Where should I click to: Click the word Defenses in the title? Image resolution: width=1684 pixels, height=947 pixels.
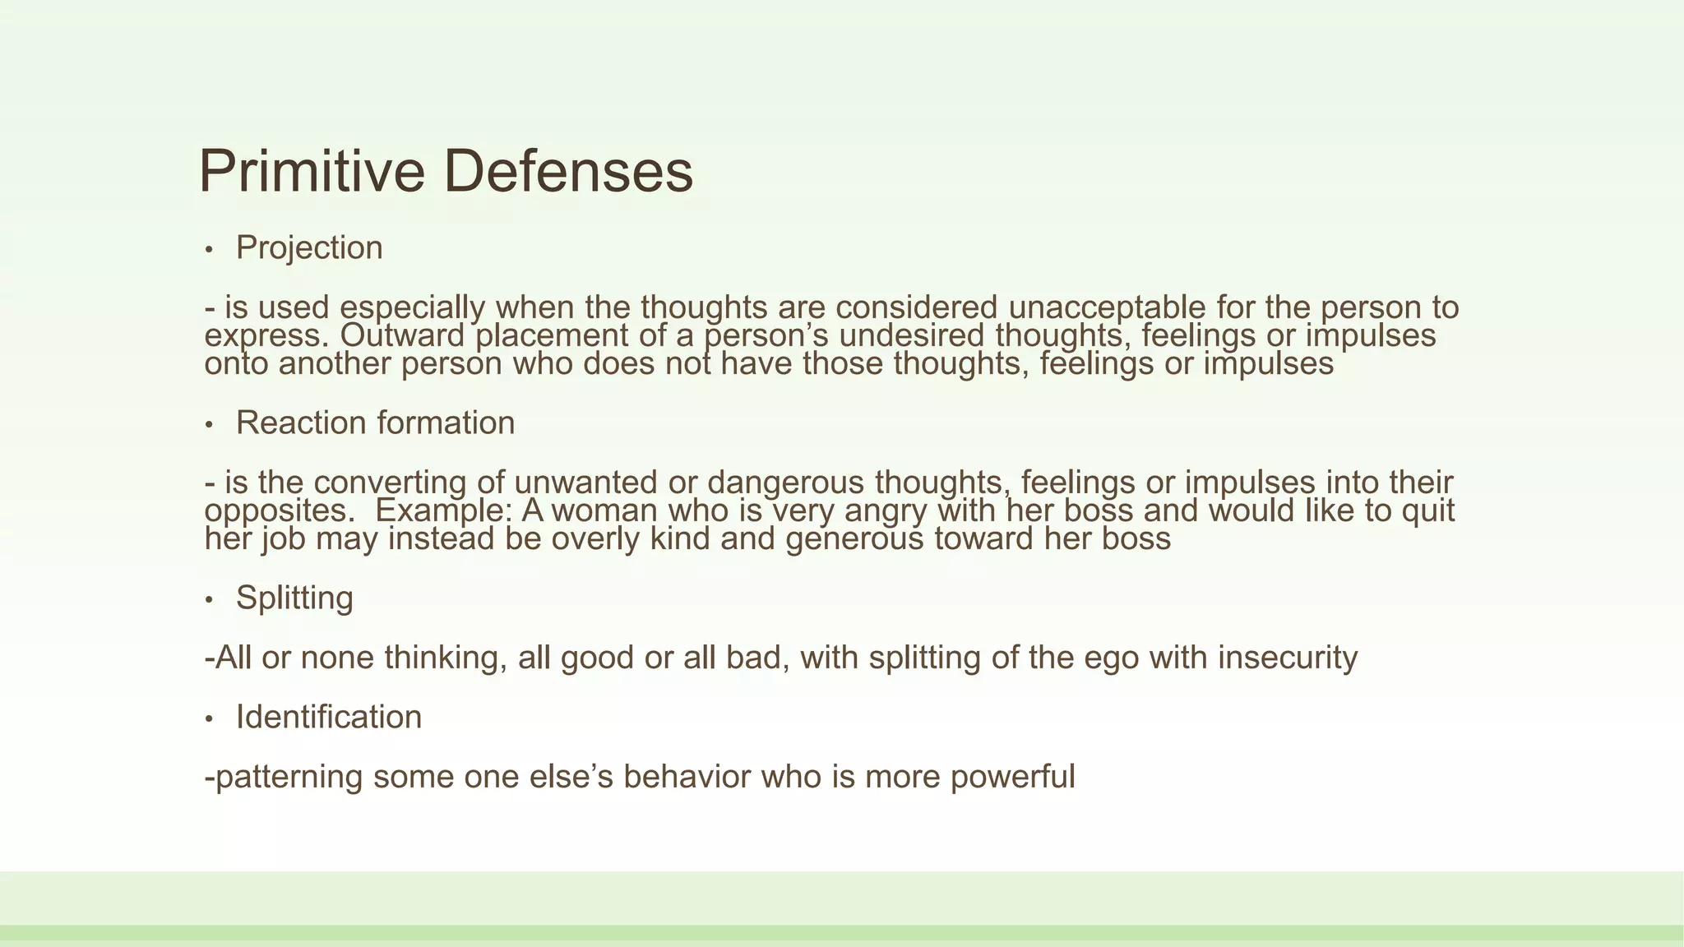568,171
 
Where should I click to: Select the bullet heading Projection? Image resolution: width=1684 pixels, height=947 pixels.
309,247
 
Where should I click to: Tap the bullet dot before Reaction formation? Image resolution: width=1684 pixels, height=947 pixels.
210,425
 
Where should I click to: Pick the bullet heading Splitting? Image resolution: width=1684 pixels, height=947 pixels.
294,598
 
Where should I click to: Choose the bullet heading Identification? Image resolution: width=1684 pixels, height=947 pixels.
329,717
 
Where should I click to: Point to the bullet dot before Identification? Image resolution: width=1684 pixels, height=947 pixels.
210,719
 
